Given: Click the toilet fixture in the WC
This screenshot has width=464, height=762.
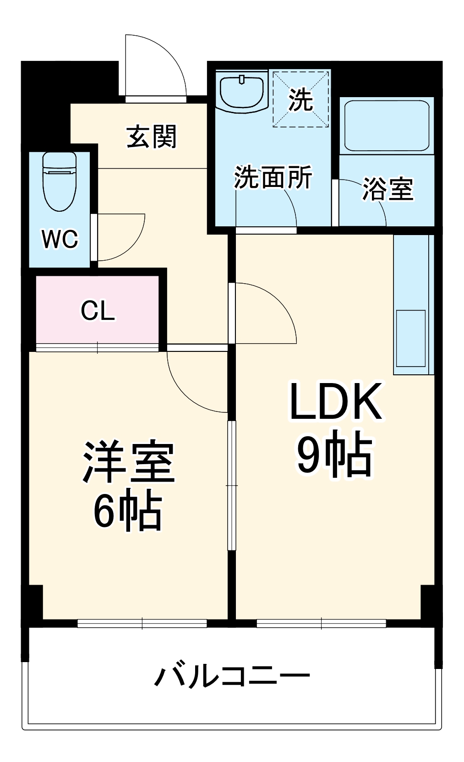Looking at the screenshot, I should pos(59,181).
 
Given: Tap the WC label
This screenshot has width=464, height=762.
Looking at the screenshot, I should pos(60,239).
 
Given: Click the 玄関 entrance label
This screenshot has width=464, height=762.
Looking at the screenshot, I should pos(151,137).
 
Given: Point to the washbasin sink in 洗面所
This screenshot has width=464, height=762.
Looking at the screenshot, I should pos(241,92).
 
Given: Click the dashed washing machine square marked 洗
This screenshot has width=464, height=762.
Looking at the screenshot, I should pos(301,99).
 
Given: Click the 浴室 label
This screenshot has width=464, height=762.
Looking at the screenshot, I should pos(388,188).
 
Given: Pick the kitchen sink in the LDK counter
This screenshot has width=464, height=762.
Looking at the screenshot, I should pos(410,338).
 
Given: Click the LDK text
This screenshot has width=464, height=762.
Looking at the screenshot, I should pos(336,402).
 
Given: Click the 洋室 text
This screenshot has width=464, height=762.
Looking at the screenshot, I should pos(128,462).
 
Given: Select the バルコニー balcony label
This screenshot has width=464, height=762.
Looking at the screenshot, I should pos(232,676).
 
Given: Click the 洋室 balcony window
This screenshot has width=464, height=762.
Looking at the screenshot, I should pos(142,623).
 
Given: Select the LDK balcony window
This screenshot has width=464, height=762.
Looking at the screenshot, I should pos(321,623).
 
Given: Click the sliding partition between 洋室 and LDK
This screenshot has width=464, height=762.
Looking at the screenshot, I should pos(232,485).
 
